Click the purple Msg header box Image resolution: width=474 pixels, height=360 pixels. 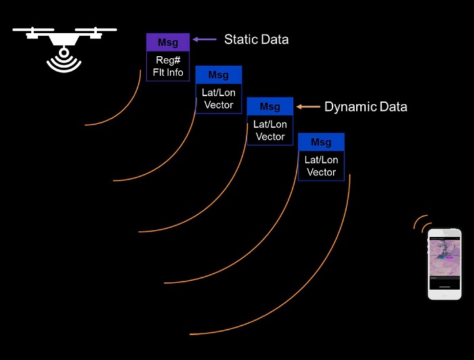pyautogui.click(x=168, y=43)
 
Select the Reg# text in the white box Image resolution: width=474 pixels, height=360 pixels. pyautogui.click(x=168, y=60)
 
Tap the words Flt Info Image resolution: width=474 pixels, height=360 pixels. pyautogui.click(x=168, y=72)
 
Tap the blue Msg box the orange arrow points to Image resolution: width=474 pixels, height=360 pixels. pyautogui.click(x=270, y=107)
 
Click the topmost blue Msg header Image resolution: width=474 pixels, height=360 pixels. pyautogui.click(x=218, y=75)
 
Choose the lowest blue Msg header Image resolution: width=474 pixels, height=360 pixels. pyautogui.click(x=321, y=142)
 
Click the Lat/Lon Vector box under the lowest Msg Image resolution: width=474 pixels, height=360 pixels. pyautogui.click(x=321, y=166)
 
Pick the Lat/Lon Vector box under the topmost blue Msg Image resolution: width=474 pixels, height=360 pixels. pyautogui.click(x=218, y=99)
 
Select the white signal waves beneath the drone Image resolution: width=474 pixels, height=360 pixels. pyautogui.click(x=64, y=62)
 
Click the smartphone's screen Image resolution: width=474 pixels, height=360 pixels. pyautogui.click(x=444, y=260)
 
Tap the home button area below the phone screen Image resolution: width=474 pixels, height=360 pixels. pyautogui.click(x=444, y=288)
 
